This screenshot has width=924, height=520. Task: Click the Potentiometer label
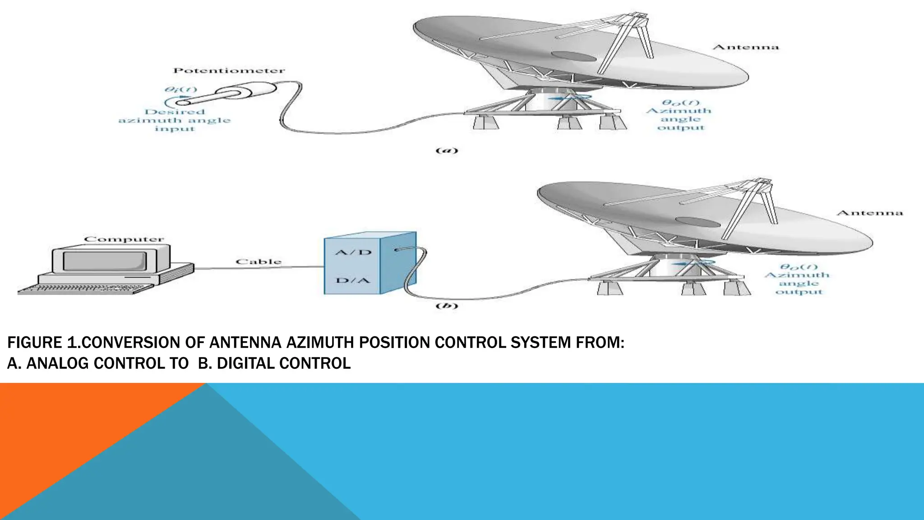(x=229, y=71)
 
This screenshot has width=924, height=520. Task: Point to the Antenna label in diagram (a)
(x=745, y=47)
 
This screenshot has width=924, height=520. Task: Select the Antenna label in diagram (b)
(x=869, y=213)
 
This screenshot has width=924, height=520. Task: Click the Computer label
(x=124, y=239)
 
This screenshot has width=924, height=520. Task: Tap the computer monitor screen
(x=105, y=261)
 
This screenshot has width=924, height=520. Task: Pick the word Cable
(x=259, y=262)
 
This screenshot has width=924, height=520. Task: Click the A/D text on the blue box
(x=353, y=252)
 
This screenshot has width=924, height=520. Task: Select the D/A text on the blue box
(x=353, y=280)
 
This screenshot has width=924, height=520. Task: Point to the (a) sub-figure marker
(x=447, y=151)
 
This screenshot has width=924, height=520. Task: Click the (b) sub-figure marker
(x=447, y=306)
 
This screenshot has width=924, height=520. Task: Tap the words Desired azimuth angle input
(x=175, y=121)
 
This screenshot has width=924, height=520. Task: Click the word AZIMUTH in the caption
(x=321, y=343)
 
